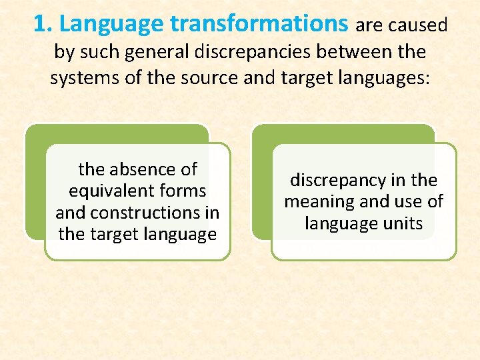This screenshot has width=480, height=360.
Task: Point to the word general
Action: tap(156, 51)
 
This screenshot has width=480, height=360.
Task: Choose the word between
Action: tap(363, 51)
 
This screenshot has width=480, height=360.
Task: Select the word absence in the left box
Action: tap(141, 169)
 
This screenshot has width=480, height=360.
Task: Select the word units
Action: tap(402, 223)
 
